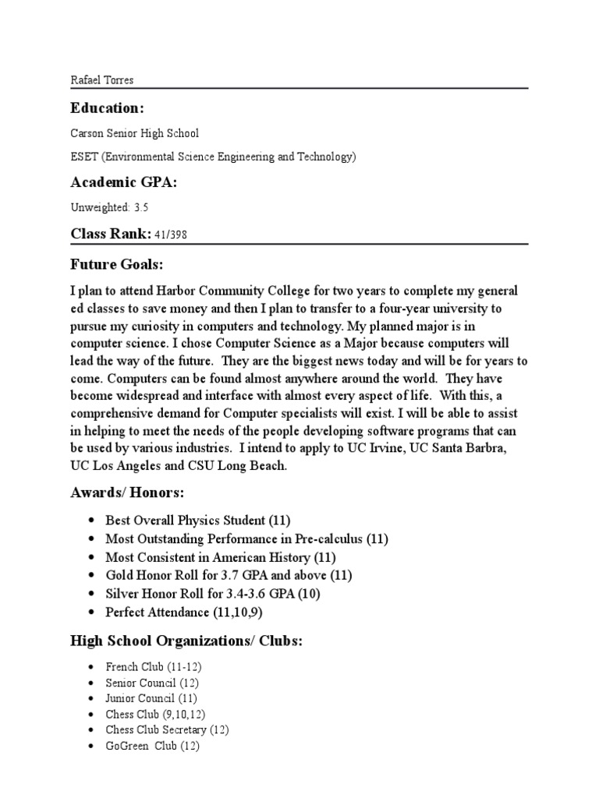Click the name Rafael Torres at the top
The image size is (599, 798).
(x=101, y=79)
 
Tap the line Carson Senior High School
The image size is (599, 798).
(x=135, y=133)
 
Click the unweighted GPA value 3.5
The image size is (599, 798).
(x=140, y=208)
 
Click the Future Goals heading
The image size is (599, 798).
(x=117, y=265)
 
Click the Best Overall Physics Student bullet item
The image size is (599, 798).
(x=198, y=520)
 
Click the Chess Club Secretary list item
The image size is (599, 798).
(x=167, y=729)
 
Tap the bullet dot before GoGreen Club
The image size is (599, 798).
(x=92, y=746)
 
